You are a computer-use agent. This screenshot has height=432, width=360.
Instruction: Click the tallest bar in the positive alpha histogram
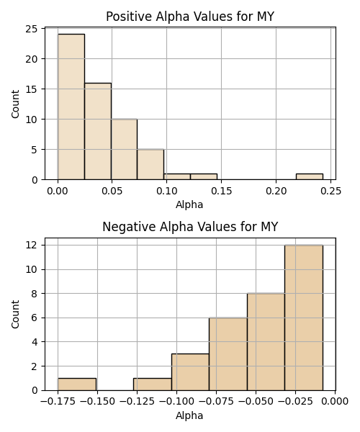pos(71,107)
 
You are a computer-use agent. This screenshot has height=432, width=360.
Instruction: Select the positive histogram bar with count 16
pos(98,132)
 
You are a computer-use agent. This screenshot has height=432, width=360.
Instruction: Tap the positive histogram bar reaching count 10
pos(125,149)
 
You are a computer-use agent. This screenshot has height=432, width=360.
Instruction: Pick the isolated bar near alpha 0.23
pos(310,176)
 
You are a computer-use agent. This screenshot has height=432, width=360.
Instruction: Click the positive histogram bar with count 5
pos(150,164)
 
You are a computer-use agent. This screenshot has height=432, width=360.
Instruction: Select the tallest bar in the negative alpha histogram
pos(304,318)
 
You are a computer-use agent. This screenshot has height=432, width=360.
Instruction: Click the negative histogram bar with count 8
pos(266,342)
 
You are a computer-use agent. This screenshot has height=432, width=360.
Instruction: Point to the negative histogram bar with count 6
pos(228,354)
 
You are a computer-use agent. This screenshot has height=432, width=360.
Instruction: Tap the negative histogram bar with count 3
pos(190,372)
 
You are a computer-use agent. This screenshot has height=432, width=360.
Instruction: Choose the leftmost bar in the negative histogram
pos(77,384)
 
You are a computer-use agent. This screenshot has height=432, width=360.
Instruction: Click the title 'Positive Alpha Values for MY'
pos(190,17)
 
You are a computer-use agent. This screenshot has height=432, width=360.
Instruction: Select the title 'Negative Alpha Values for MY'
pos(190,227)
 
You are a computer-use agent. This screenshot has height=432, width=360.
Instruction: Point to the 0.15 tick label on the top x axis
pos(222,191)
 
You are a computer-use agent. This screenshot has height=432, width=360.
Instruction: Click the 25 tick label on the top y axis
pos(32,29)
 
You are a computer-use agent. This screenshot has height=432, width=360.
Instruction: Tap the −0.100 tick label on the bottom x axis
pos(176,402)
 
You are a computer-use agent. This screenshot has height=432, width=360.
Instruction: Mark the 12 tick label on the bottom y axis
pos(32,245)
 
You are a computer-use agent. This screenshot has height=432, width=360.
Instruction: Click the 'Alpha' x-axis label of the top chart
pos(189,204)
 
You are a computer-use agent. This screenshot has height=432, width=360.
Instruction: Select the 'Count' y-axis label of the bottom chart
pos(15,314)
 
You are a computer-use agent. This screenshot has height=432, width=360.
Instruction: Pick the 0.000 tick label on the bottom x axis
pos(336,402)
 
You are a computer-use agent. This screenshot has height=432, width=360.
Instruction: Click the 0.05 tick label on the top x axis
pos(112,191)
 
